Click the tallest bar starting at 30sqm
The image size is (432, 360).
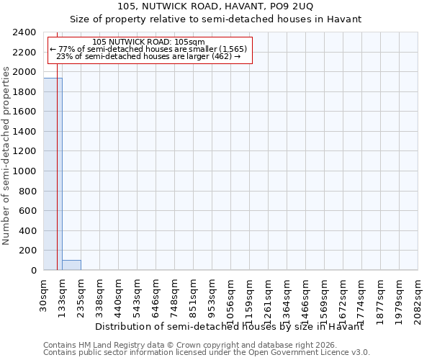coord(53,174)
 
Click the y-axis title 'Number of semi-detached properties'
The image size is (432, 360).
coord(6,156)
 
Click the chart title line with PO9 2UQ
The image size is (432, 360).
coord(215,6)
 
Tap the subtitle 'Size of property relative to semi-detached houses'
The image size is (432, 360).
coord(215,19)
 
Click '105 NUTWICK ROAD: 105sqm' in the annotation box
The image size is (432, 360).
coord(149,42)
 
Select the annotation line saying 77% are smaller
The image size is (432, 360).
coord(149,49)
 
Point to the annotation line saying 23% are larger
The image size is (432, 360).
coord(149,56)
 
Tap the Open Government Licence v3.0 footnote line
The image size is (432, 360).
coord(207,353)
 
